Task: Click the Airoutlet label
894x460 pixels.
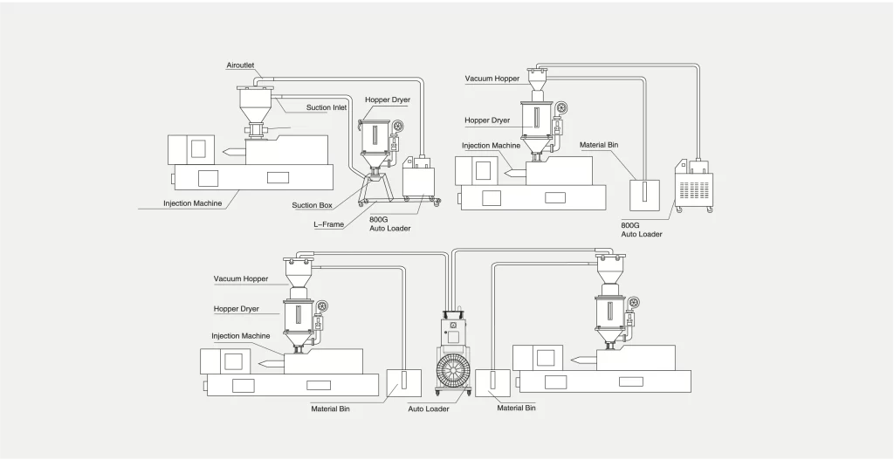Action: [x=240, y=65]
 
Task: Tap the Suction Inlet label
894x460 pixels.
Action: [x=327, y=107]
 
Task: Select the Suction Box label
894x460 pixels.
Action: [x=312, y=205]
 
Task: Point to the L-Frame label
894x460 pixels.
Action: [x=328, y=224]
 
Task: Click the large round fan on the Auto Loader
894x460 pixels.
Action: [x=454, y=370]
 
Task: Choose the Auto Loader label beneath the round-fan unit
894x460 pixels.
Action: [x=428, y=409]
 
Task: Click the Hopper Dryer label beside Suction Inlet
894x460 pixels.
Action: [x=388, y=100]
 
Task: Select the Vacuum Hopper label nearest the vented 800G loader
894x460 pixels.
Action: [x=492, y=79]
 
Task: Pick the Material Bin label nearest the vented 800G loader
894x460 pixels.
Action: [x=599, y=145]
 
